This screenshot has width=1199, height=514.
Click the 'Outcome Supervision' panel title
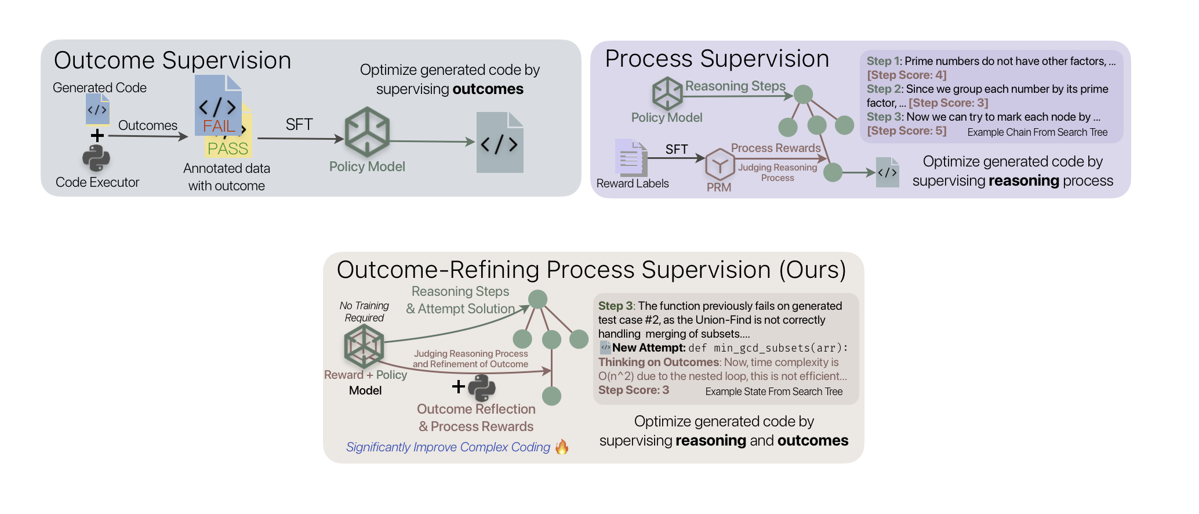[172, 60]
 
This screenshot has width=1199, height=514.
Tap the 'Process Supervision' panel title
[717, 59]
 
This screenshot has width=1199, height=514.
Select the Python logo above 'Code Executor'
[96, 158]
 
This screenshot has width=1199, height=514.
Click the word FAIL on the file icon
[219, 126]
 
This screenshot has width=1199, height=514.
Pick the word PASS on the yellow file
[228, 149]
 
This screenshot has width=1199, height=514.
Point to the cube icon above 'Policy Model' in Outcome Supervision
[367, 132]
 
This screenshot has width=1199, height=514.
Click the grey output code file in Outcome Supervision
[500, 143]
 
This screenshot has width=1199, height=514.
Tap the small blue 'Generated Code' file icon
[97, 109]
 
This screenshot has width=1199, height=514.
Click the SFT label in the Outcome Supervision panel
[299, 124]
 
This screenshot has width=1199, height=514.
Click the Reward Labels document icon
[631, 158]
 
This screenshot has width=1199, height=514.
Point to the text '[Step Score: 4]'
[906, 75]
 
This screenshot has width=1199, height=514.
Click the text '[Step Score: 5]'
[906, 131]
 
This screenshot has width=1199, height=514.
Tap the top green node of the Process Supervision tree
[803, 94]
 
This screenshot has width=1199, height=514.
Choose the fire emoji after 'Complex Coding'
[562, 447]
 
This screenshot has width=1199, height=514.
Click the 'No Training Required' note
[364, 312]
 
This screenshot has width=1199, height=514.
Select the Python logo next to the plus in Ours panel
[482, 388]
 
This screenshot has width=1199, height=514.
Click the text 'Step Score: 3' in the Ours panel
[634, 390]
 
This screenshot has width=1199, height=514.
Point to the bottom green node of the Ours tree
[551, 396]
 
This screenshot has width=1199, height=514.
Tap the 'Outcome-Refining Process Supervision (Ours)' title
[591, 270]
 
